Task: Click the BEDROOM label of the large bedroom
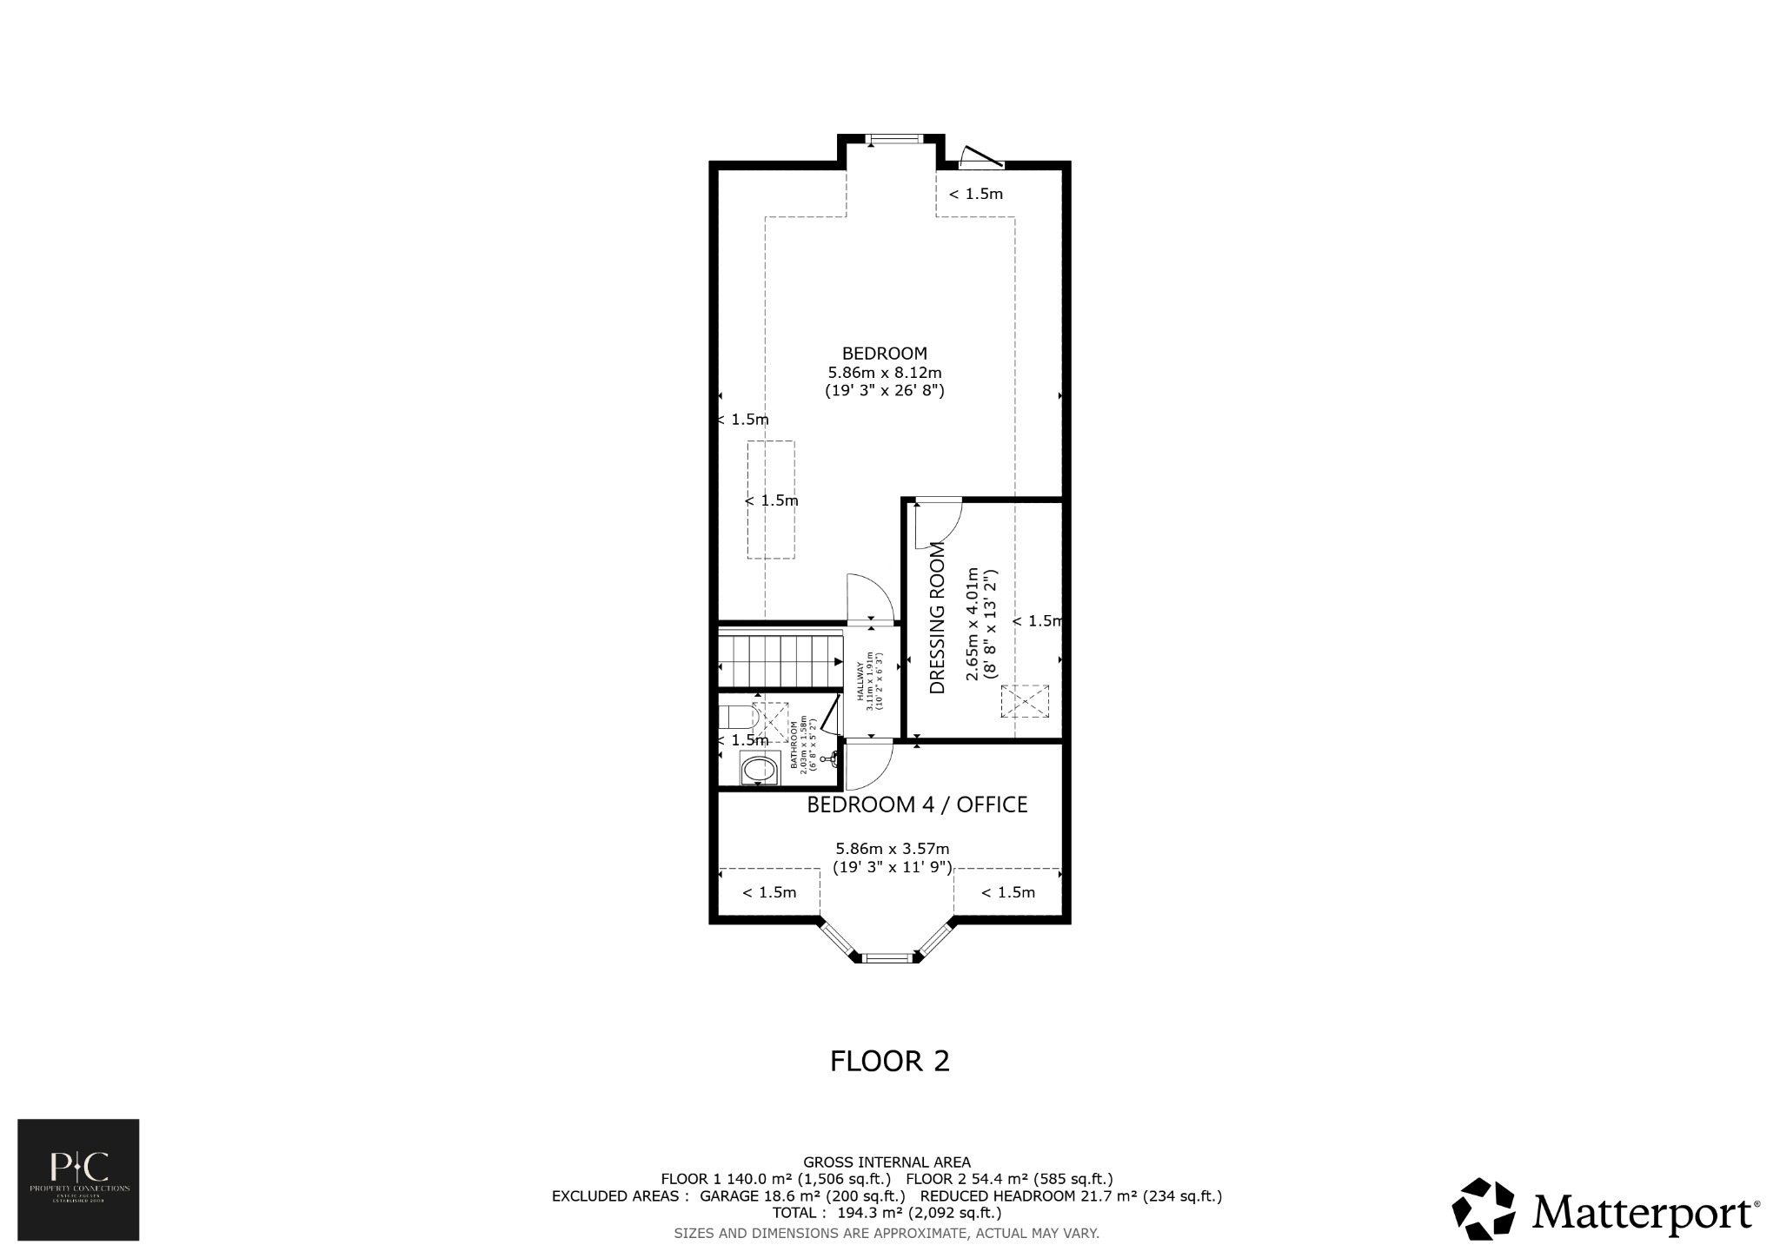(x=884, y=354)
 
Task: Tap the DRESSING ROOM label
(x=937, y=619)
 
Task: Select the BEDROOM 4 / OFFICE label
(x=917, y=805)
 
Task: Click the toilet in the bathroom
(x=736, y=718)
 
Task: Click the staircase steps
(x=780, y=660)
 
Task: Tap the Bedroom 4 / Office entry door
(x=867, y=763)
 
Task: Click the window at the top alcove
(x=893, y=137)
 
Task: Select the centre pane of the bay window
(x=890, y=957)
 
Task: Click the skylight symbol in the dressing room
(x=1025, y=701)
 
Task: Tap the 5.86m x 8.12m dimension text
(x=884, y=373)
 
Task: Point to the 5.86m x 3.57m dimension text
(x=892, y=849)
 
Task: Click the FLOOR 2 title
(x=889, y=1062)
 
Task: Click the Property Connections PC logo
(x=78, y=1179)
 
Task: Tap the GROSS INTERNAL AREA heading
(x=887, y=1162)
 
